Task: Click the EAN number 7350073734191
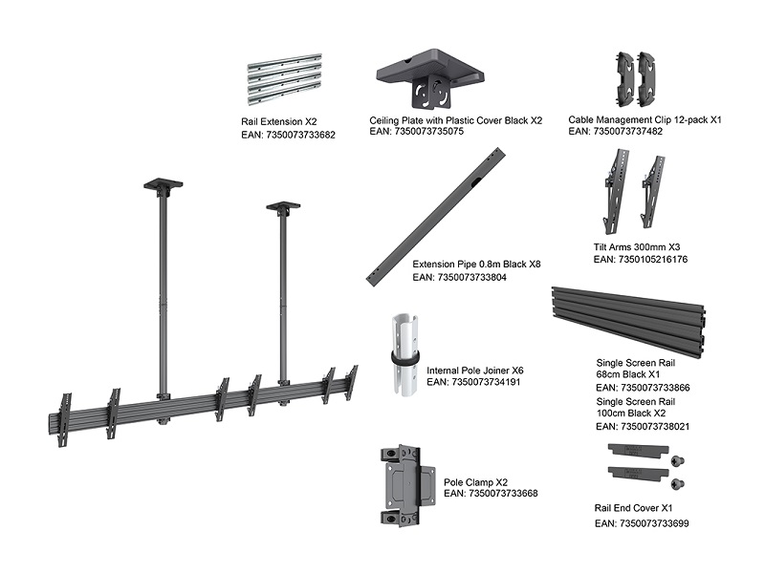472,382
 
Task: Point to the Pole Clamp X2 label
476,483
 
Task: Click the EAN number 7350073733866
643,389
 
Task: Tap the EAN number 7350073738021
643,427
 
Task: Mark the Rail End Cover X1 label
634,509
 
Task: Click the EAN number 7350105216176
641,259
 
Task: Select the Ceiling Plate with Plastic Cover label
455,120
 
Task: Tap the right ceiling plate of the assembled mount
283,206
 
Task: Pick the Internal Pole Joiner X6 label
475,370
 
